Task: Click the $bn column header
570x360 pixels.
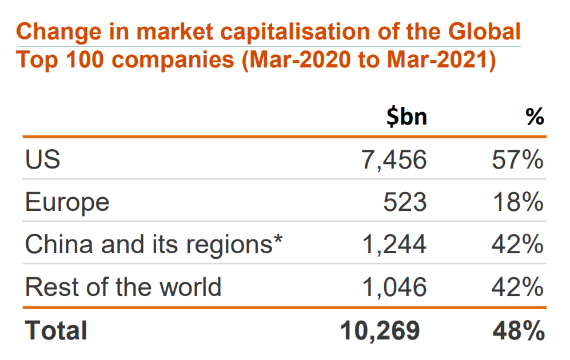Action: tap(406, 117)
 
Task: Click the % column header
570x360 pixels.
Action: tap(535, 117)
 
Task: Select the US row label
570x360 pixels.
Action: tap(42, 159)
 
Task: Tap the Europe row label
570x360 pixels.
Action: tap(67, 202)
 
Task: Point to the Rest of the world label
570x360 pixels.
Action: tap(123, 286)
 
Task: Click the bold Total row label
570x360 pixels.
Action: tap(56, 330)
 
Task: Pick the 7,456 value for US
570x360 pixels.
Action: tap(394, 160)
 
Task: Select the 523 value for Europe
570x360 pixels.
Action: tap(405, 202)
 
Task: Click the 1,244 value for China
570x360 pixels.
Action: tap(394, 245)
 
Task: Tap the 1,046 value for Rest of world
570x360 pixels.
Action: tap(394, 286)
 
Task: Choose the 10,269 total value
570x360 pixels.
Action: tap(380, 330)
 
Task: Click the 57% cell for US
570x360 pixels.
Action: tap(517, 160)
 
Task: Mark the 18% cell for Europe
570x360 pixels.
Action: tap(517, 202)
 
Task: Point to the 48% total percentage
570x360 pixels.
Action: tap(517, 330)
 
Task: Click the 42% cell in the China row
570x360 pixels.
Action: tap(517, 245)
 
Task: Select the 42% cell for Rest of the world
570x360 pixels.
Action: tap(517, 286)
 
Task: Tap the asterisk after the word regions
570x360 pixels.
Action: tap(278, 240)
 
